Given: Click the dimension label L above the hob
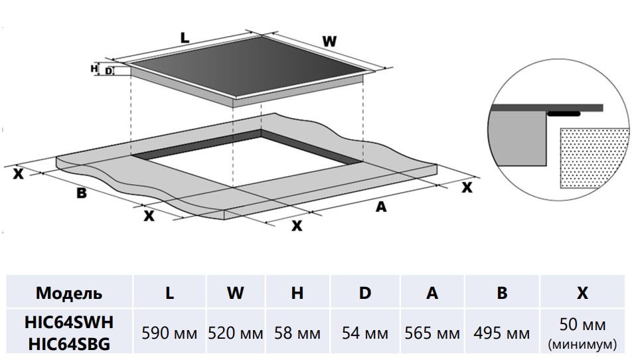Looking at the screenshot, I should tap(185, 38).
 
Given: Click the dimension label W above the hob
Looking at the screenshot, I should tap(329, 41).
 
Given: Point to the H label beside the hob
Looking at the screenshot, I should tap(94, 68).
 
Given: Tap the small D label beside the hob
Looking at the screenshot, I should tap(108, 71).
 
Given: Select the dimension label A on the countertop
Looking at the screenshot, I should tap(380, 207).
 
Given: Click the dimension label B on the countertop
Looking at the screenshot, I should tap(82, 193).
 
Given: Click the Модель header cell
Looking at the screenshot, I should tap(69, 293).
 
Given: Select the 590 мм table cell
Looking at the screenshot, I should tap(170, 333).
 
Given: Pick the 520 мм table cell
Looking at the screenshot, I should tap(236, 333).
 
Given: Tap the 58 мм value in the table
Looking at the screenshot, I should tap(297, 333).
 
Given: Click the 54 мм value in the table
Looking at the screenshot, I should tap(364, 333).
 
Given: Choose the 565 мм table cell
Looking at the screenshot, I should tap(432, 333).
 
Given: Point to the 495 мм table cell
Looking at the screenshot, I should tap(502, 333).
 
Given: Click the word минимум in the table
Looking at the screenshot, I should tap(582, 345).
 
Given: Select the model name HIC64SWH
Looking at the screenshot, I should tap(69, 322).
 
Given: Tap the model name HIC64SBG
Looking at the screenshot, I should tap(69, 343).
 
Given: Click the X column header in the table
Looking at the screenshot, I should tap(582, 293).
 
